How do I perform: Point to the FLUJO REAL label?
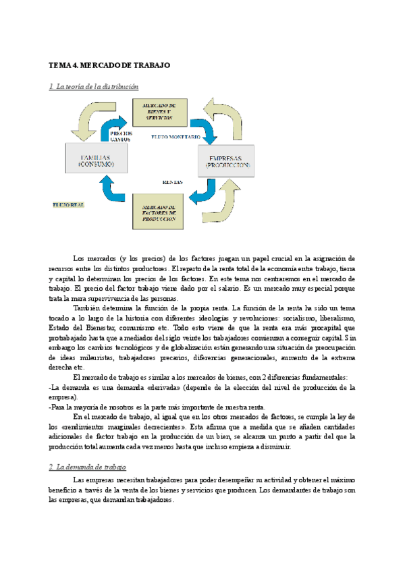pyautogui.click(x=68, y=203)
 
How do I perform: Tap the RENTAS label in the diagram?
pyautogui.click(x=173, y=182)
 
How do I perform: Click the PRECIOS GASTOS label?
pyautogui.click(x=120, y=136)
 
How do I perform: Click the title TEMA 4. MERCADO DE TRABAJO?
pyautogui.click(x=109, y=65)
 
